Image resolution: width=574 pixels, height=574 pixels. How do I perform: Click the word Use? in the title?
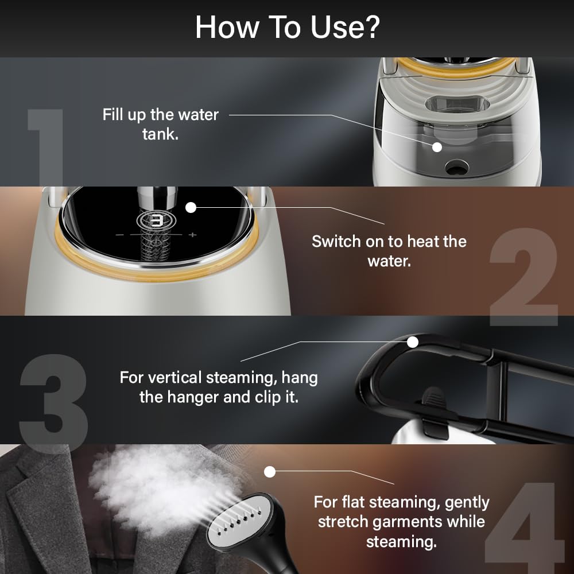[346, 27]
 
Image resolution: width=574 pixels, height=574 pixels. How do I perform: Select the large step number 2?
[524, 277]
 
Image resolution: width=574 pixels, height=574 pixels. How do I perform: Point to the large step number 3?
[54, 403]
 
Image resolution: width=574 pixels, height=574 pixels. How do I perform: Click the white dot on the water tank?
[437, 147]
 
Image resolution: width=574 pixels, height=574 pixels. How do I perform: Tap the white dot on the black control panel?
[191, 208]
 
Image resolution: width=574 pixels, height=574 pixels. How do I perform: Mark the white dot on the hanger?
[413, 342]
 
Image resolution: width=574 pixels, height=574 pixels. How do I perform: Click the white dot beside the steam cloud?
[270, 472]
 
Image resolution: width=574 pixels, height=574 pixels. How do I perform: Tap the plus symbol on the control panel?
[193, 235]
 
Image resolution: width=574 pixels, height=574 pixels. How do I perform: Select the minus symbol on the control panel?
[120, 235]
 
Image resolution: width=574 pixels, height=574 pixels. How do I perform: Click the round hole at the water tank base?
[456, 167]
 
